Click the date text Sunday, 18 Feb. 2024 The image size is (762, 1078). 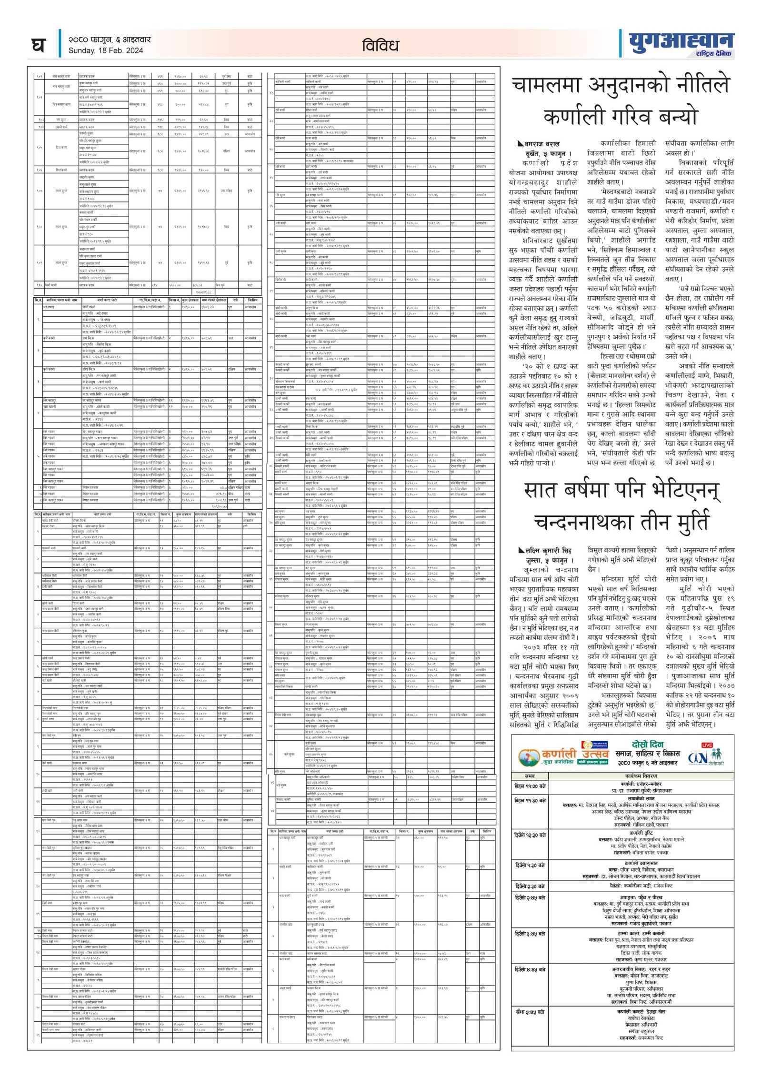coord(106,51)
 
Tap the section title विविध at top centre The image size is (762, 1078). coord(380,46)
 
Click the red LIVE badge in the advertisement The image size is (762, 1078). coord(707,745)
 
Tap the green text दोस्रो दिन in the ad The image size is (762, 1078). coord(647,745)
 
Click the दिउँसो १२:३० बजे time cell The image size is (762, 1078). coord(530,835)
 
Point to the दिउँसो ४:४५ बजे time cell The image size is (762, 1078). coord(530,969)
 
